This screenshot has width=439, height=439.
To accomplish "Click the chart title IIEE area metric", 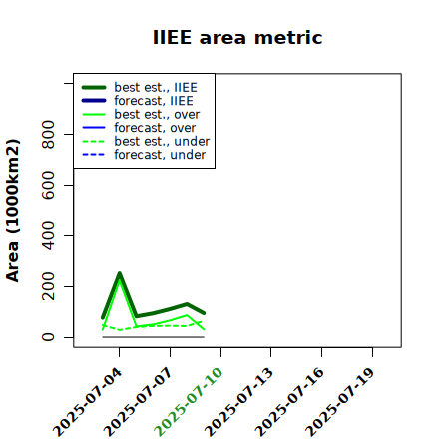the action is coord(237,37).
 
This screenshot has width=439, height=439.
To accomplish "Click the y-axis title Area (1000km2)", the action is coord(13,211).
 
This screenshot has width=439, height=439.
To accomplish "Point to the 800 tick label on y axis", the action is coord(48,134).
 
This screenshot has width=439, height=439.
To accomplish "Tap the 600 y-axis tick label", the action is coord(48,185).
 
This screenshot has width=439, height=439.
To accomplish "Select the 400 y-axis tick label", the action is coord(48,235).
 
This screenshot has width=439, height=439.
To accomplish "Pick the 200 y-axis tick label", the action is coord(48,286).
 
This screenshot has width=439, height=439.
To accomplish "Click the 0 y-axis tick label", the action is coord(48,337).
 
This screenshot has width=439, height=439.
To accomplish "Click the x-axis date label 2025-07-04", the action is coord(87,402).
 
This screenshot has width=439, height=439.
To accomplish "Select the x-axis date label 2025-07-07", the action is coord(138,402).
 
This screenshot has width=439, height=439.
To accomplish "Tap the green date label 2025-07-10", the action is coord(189,402).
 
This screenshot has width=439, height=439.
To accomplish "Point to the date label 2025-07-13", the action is coord(238,402).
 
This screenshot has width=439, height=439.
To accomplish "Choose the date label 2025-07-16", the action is coord(289,402).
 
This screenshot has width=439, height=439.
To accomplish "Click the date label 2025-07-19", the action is coord(340,402).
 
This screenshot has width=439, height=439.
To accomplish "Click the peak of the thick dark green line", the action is coord(120,273).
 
